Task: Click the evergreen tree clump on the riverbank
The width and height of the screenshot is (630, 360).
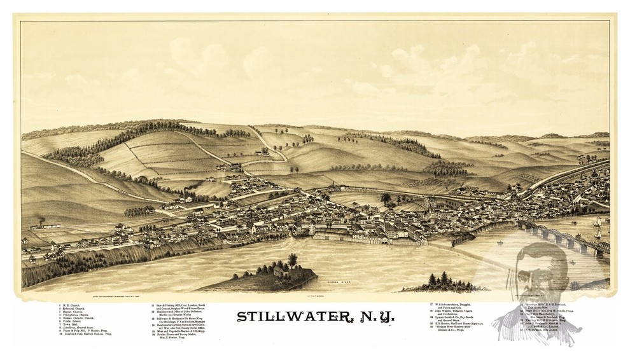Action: click(440, 281)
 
